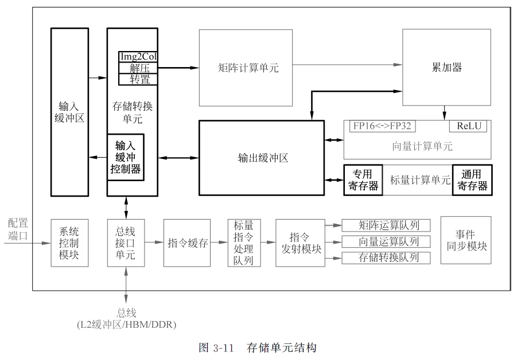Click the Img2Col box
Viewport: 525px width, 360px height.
(138, 57)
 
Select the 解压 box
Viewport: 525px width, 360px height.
(138, 68)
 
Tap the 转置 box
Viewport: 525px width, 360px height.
(138, 79)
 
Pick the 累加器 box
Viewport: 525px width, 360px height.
(446, 68)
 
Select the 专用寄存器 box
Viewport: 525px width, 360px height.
(363, 180)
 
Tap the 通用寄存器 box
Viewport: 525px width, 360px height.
(473, 180)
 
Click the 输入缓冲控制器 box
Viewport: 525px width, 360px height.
(126, 157)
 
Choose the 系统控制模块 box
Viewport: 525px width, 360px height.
(69, 242)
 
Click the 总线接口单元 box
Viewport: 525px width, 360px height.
(126, 242)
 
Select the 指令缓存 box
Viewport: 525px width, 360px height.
(187, 242)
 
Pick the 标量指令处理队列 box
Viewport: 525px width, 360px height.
(244, 242)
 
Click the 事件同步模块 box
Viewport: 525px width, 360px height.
(466, 240)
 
